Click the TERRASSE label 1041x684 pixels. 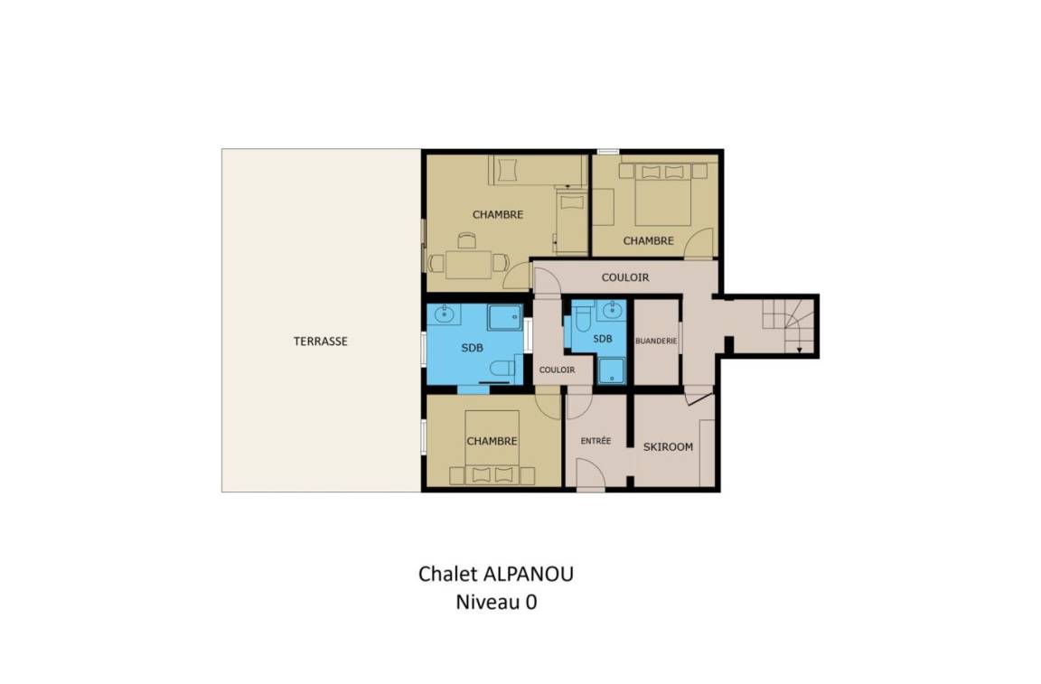tap(321, 342)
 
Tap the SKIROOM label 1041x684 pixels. tap(668, 447)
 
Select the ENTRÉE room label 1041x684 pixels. tap(596, 440)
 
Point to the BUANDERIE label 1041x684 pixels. tap(656, 341)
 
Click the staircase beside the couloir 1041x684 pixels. tap(788, 325)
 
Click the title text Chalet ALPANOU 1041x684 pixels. tap(496, 574)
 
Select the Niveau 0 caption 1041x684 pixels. tap(496, 603)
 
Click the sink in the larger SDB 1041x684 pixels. tap(445, 314)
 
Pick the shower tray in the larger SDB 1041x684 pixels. tap(505, 317)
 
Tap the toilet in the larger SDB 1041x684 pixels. tap(502, 367)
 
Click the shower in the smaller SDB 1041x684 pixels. tap(612, 371)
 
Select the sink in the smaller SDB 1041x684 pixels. tap(612, 310)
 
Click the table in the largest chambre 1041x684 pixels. tap(469, 265)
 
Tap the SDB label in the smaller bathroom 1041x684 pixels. tap(602, 339)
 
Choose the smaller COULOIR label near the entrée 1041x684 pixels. tap(557, 370)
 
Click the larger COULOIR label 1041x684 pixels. tap(625, 277)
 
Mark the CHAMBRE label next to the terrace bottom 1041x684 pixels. tap(492, 441)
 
